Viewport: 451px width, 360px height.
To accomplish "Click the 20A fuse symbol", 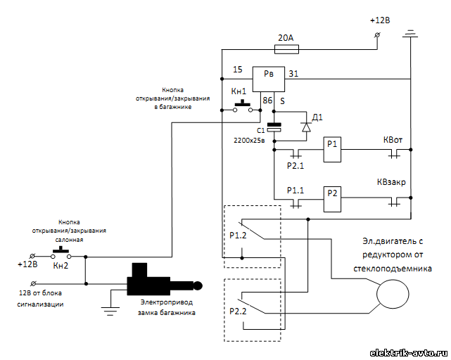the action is click(287, 49).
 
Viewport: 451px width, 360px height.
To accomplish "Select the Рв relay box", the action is click(269, 79).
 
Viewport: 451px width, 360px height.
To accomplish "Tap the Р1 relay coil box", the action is click(332, 150).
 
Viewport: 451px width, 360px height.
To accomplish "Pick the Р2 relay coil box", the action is click(332, 199).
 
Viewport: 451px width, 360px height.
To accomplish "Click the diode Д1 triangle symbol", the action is click(306, 127).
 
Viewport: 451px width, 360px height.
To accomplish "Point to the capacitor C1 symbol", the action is click(274, 127).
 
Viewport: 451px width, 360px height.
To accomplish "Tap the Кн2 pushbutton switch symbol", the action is click(61, 254).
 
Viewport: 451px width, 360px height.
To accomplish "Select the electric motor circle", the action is click(393, 294).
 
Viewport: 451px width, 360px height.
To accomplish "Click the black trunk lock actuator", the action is click(164, 281).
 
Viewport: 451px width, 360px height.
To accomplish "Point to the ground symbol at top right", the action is click(410, 34).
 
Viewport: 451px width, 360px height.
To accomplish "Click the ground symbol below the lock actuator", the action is click(110, 311).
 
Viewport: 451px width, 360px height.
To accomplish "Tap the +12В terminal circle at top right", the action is click(377, 35).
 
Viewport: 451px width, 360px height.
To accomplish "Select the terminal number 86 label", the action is click(267, 101).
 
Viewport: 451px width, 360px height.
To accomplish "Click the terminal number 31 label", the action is click(293, 74).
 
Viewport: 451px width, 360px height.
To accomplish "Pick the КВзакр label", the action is click(391, 182).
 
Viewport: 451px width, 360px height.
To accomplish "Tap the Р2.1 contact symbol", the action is click(296, 154).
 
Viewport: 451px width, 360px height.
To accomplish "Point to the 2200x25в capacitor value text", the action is click(249, 141).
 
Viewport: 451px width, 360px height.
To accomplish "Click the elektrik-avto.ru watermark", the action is click(408, 353).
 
